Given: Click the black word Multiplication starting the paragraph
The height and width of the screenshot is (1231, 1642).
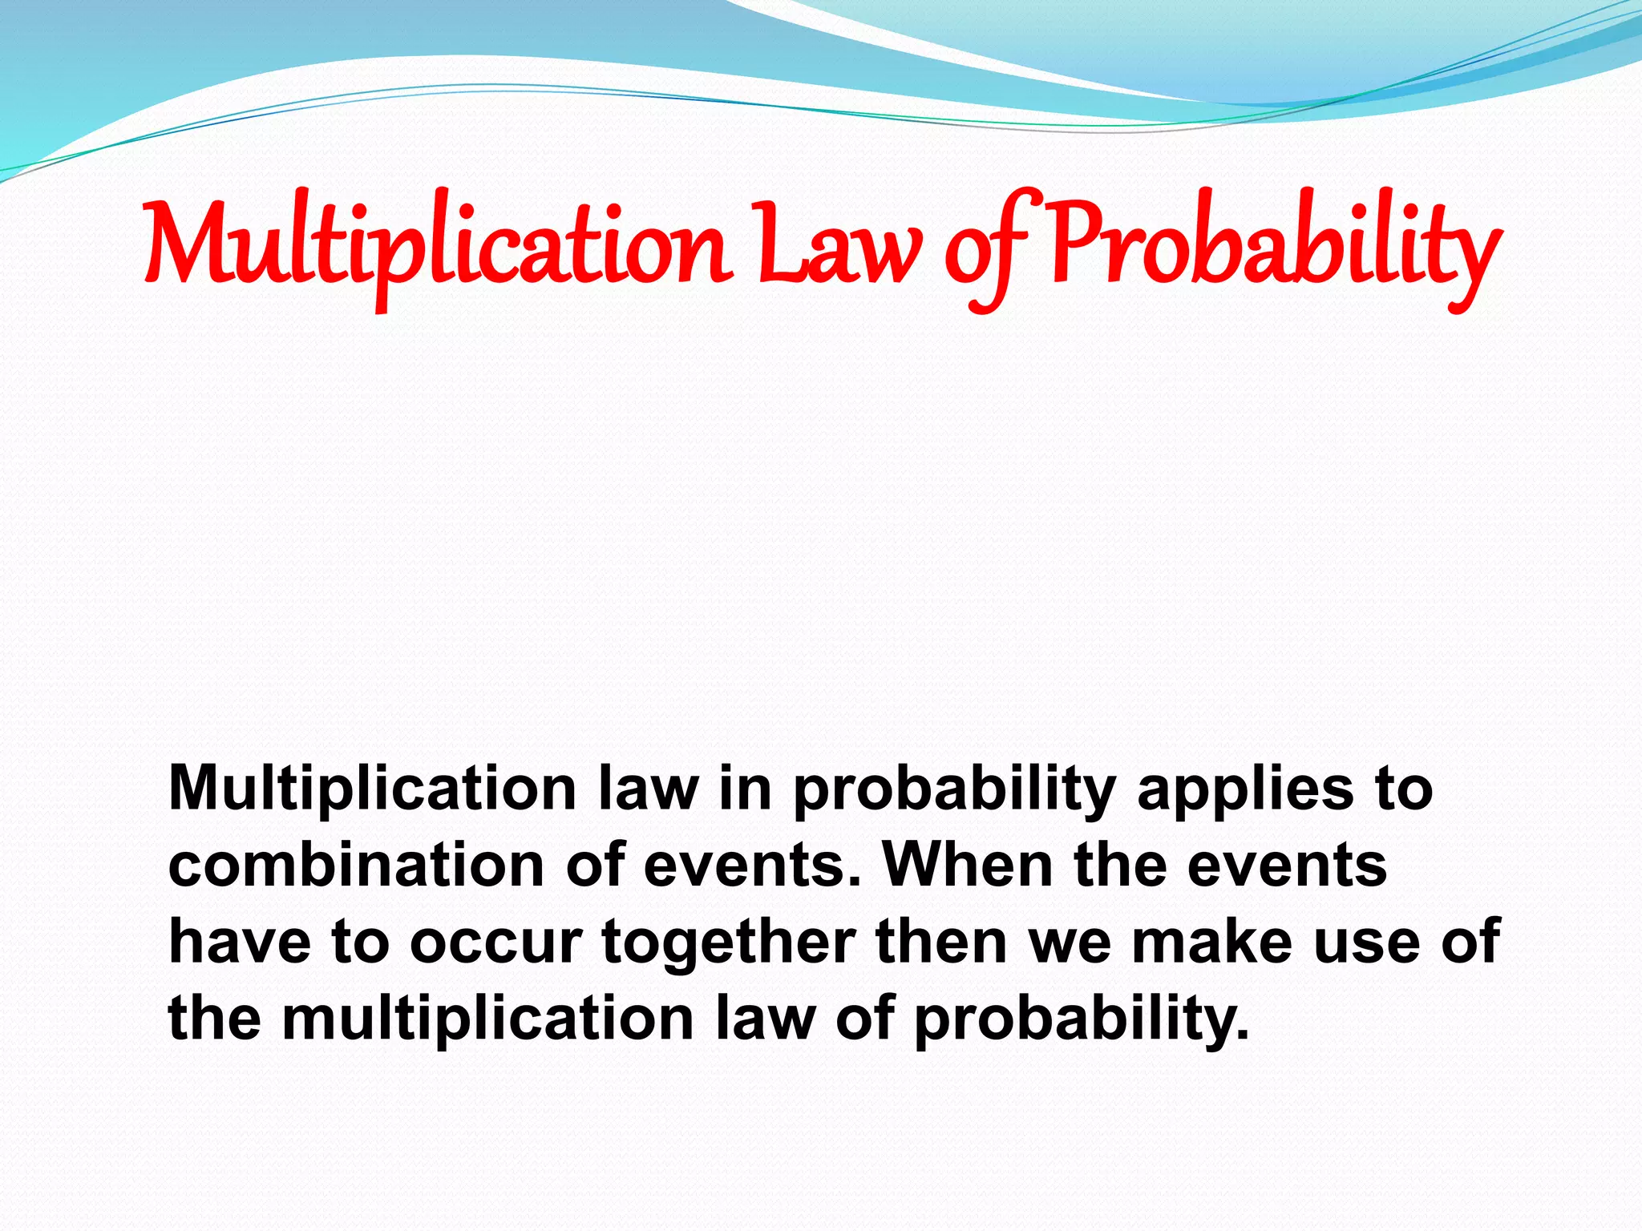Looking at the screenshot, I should [x=373, y=789].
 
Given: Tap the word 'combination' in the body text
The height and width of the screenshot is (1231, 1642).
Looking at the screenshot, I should [x=357, y=866].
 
